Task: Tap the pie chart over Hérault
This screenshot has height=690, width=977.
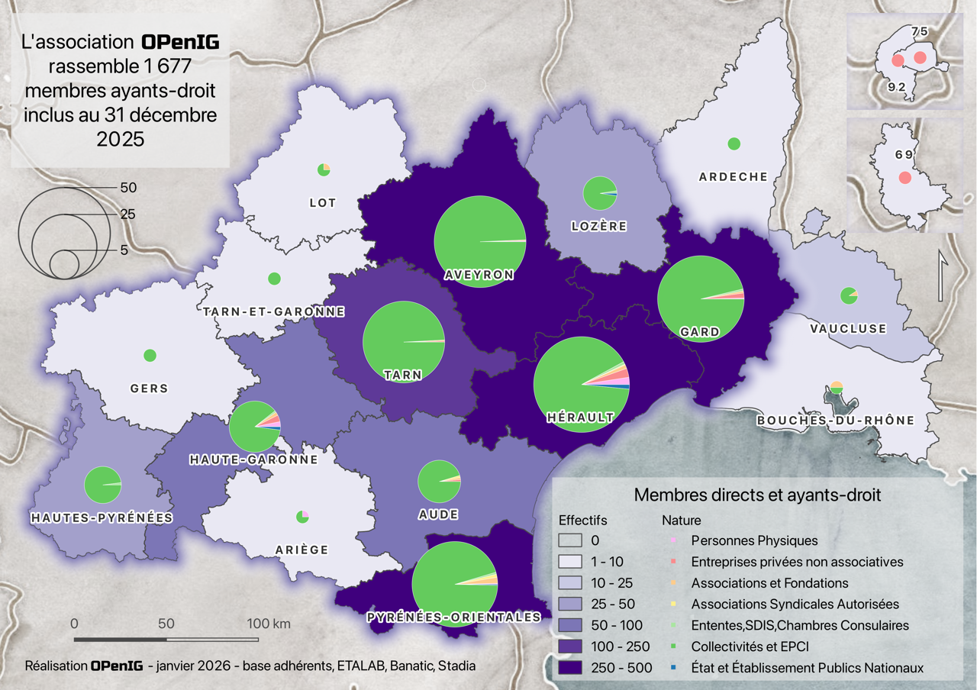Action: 582,385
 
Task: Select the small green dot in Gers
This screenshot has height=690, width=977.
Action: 150,355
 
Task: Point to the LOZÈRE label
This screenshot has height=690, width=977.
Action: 599,226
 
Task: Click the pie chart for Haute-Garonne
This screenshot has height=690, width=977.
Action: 255,426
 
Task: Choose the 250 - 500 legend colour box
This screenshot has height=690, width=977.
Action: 572,667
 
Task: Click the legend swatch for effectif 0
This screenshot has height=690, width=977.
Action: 572,540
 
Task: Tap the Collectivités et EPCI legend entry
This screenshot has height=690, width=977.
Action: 750,646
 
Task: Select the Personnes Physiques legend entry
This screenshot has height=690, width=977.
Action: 754,540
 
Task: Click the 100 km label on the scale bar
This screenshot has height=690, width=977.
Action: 269,624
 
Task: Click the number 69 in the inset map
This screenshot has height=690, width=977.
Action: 904,154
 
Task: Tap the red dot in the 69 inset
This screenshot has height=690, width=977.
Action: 904,178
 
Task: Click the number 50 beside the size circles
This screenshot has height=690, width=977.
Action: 128,187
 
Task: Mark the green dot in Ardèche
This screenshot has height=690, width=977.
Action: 734,143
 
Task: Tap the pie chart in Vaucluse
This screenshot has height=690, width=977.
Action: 849,295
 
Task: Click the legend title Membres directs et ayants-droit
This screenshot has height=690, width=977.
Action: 757,495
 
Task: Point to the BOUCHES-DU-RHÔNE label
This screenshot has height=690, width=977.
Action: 835,421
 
